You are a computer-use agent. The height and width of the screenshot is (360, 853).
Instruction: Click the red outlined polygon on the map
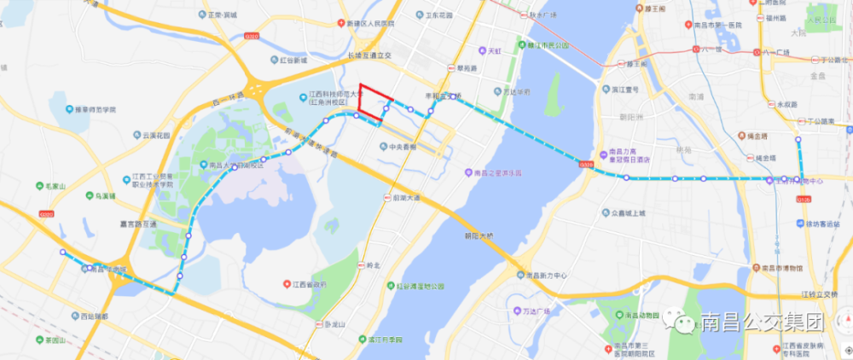point(373,101)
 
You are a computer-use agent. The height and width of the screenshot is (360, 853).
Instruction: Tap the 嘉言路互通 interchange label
point(138,224)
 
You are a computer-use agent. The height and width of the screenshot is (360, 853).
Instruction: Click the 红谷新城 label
point(287,61)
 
